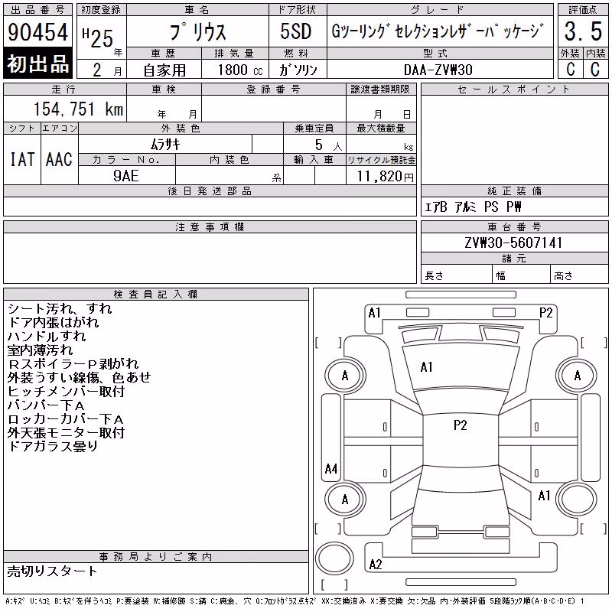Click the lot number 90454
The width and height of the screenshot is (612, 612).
(x=37, y=32)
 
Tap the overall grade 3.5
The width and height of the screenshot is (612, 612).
(x=583, y=31)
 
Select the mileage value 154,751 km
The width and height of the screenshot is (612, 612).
(x=79, y=109)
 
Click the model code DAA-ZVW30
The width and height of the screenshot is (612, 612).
(x=438, y=70)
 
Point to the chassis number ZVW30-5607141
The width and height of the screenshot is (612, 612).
(x=513, y=243)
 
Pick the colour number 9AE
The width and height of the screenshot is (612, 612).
(x=126, y=176)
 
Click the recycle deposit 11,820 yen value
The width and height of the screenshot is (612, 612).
(x=385, y=177)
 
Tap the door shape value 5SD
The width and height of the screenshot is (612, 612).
(x=296, y=31)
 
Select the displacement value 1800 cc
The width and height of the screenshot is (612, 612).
(x=240, y=70)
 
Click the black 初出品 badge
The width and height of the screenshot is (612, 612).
(x=37, y=63)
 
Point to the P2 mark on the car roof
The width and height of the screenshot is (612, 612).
(x=461, y=425)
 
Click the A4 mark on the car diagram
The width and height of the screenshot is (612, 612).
(x=331, y=468)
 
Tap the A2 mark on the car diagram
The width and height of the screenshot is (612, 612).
(x=376, y=565)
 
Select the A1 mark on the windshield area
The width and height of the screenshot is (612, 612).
(x=426, y=367)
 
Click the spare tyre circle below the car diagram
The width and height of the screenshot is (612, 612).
(x=334, y=558)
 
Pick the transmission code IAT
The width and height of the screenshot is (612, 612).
(x=22, y=159)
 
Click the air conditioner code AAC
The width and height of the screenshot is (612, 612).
(x=60, y=159)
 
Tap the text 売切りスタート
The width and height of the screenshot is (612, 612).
(x=52, y=571)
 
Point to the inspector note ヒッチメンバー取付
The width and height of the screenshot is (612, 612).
(x=66, y=391)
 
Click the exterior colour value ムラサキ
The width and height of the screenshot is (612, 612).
(x=165, y=145)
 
